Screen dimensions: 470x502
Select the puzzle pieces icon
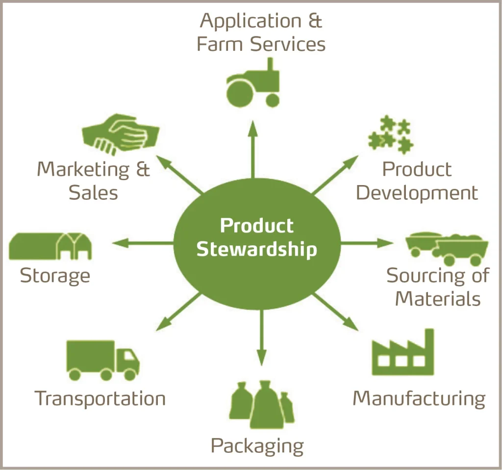pos(391,134)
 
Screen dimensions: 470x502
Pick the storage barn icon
pos(50,246)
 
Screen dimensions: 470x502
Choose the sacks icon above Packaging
pos(262,404)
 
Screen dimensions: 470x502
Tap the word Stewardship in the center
pos(256,249)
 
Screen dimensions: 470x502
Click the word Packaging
pos(257,446)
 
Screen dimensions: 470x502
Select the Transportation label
pos(100,399)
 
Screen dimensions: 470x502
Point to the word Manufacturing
pos(419,399)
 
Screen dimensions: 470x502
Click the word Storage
pos(55,276)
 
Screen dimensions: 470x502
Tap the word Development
pos(417,193)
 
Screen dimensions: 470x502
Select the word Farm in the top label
pos(221,44)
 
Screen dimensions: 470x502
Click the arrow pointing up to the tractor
pos(253,147)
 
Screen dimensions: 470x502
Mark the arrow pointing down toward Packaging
pos(261,338)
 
